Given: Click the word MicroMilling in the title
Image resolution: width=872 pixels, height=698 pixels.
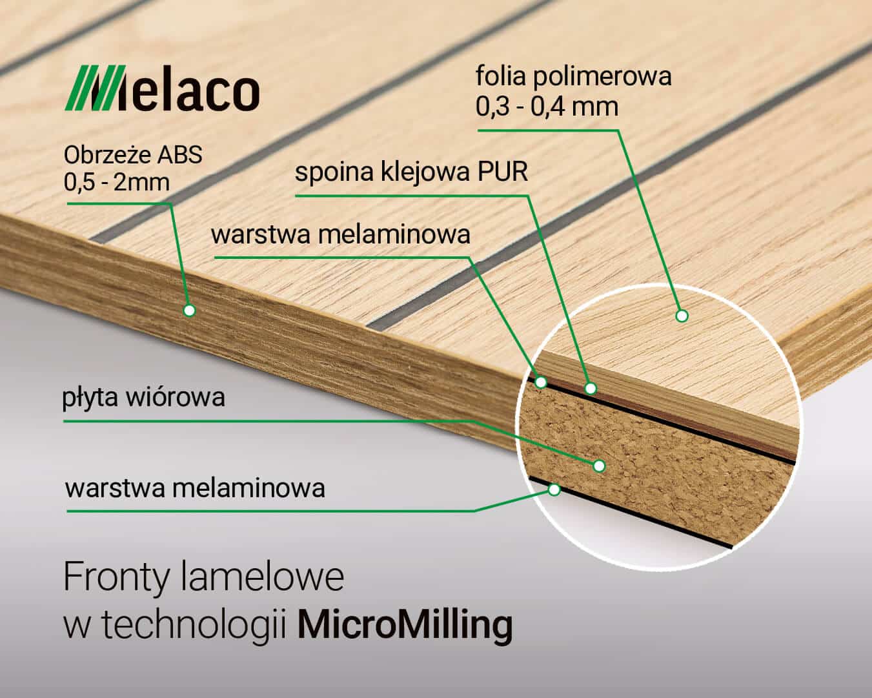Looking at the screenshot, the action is point(405,626).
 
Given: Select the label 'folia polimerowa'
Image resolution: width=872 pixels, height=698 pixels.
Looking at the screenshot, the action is point(573,77).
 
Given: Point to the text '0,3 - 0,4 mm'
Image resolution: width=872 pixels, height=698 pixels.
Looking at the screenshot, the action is point(547,107).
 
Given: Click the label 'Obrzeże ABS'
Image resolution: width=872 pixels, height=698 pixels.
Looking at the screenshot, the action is point(133,155).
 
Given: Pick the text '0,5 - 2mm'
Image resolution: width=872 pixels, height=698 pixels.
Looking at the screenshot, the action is point(116,182).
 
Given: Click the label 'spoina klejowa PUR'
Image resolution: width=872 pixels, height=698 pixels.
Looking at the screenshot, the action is point(411,172).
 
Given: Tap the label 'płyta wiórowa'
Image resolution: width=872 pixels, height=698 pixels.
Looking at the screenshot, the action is point(143,398).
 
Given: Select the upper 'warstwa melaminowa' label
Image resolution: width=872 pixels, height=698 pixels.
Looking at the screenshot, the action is point(340,234).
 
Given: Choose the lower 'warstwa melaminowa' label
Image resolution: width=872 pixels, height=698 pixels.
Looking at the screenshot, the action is point(195,488).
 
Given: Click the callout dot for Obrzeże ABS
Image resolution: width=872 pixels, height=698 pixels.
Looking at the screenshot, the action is point(189,311).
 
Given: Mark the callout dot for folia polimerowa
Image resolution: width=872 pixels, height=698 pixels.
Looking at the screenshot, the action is point(682,315).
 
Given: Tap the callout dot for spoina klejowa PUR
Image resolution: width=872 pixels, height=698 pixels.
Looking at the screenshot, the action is point(591,388).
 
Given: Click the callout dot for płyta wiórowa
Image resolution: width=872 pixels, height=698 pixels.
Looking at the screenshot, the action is point(599,466).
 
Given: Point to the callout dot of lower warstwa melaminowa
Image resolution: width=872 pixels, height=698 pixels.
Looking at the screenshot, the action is point(554,489).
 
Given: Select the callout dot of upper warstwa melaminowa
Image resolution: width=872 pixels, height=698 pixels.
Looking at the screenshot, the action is point(541,382).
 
